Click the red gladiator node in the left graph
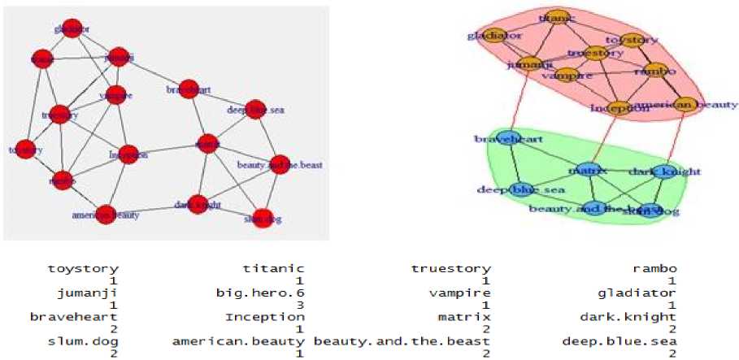tap(72, 29)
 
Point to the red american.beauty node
tap(106, 215)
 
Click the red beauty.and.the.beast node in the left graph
tap(280, 164)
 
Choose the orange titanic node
tap(556, 17)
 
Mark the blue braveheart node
tap(509, 139)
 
